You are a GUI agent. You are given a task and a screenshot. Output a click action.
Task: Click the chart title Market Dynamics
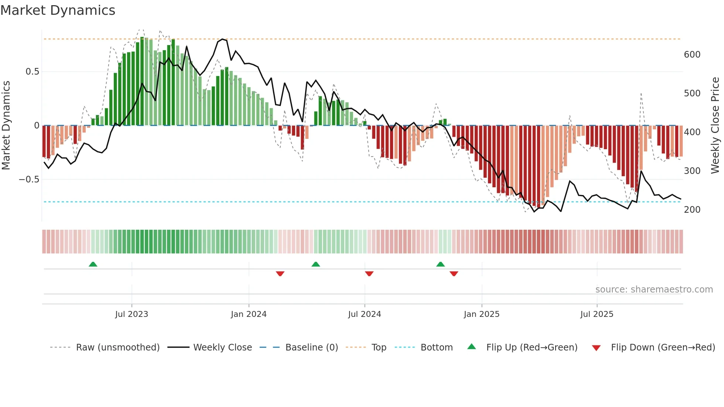click(x=58, y=10)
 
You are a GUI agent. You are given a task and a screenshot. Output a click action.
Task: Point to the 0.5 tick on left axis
click(x=33, y=72)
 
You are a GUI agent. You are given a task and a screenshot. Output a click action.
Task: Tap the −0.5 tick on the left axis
click(x=29, y=179)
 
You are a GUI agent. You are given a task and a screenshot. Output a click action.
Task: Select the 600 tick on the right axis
click(x=692, y=55)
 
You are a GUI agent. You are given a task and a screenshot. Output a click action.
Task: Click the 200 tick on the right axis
click(x=692, y=210)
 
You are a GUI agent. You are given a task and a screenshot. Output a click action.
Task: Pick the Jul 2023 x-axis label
click(x=132, y=314)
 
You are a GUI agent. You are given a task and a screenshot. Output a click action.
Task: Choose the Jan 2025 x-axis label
click(x=481, y=314)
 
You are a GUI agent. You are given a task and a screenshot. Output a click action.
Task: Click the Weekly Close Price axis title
click(x=715, y=126)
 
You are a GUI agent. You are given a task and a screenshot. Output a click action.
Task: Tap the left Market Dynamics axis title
click(x=6, y=126)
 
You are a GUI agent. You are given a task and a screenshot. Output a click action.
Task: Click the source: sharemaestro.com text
click(x=654, y=290)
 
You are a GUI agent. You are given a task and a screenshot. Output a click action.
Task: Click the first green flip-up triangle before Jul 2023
click(x=93, y=264)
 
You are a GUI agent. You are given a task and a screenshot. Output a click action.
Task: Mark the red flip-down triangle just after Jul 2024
click(x=369, y=274)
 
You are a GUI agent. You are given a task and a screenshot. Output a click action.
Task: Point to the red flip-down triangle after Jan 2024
click(x=280, y=274)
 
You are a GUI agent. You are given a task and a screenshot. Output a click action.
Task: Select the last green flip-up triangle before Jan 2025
click(x=440, y=264)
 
